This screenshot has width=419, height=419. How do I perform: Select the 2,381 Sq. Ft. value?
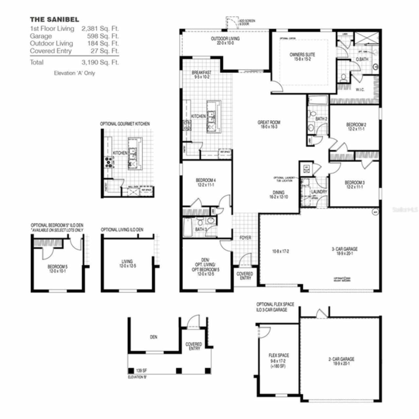[100, 29]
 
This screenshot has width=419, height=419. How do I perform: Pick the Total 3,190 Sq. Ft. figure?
[100, 62]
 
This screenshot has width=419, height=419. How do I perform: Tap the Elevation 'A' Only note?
[74, 73]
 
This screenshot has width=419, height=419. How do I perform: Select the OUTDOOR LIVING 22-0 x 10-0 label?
[225, 41]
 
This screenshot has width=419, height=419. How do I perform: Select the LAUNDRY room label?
[319, 192]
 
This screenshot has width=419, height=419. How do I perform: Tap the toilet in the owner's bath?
[343, 78]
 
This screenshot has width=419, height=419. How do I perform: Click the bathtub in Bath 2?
[318, 100]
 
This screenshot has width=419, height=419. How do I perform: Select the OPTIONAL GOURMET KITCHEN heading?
[125, 124]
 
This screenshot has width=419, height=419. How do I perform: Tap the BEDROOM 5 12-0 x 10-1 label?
[57, 269]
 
